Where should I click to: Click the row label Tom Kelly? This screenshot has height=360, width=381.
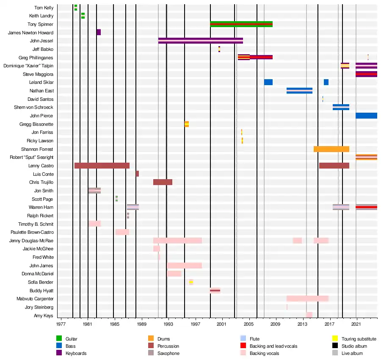(x=44, y=8)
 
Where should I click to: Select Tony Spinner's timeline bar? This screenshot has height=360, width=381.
(x=241, y=24)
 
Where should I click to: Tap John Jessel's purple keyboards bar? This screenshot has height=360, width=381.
(x=200, y=41)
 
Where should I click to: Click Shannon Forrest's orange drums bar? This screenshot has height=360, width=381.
(x=331, y=149)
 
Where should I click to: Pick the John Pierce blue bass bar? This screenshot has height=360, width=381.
(x=366, y=116)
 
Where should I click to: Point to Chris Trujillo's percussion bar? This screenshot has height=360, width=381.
(x=163, y=182)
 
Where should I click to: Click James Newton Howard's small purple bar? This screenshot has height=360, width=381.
(x=99, y=32)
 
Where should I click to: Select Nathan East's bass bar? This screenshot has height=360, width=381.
(x=299, y=91)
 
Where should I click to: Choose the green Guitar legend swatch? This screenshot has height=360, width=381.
(x=59, y=338)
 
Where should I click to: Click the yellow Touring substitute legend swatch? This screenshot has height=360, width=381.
(x=335, y=338)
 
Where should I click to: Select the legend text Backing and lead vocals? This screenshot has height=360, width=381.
(x=273, y=346)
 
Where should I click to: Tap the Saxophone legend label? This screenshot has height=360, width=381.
(x=168, y=353)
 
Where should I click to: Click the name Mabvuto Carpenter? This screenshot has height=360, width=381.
(x=37, y=299)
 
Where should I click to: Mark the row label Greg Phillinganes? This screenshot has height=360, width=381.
(x=36, y=57)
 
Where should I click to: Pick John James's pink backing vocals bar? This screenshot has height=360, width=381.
(x=185, y=266)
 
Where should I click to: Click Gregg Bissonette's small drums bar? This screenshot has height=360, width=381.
(x=187, y=124)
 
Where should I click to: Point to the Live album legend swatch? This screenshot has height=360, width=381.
(x=335, y=353)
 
